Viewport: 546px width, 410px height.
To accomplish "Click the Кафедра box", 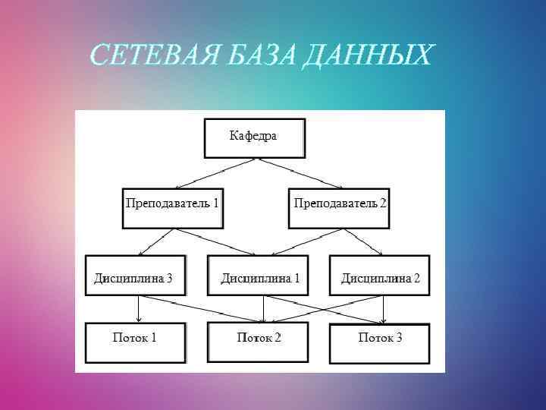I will (254, 138).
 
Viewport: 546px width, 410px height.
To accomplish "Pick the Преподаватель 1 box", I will (172, 207).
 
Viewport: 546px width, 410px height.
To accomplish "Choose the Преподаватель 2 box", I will (339, 207).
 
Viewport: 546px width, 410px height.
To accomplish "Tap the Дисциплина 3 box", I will (135, 275).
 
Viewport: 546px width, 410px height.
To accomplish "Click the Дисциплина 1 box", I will (259, 275).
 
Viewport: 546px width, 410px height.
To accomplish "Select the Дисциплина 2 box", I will (379, 275).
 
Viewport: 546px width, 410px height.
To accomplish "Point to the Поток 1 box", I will (135, 343).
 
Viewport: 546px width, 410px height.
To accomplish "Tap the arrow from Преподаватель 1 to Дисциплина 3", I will (155, 242).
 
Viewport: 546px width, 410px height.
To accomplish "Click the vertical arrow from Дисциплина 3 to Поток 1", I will (139, 308).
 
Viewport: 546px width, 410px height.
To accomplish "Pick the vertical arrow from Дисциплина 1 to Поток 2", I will (262, 308).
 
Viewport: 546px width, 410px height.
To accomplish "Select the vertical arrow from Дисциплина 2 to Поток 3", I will (384, 308).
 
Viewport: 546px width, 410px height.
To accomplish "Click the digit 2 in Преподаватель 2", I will (382, 203).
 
